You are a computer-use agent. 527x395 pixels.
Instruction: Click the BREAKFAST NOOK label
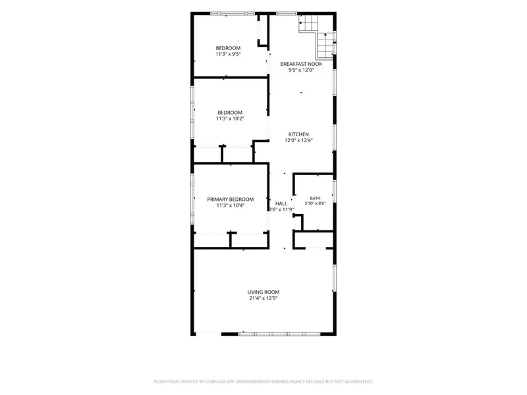pyautogui.click(x=301, y=64)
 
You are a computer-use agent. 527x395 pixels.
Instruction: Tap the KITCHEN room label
pyautogui.click(x=298, y=134)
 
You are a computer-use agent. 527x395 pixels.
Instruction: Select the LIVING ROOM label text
pyautogui.click(x=263, y=292)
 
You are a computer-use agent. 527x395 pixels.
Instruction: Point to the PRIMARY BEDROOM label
pyautogui.click(x=230, y=199)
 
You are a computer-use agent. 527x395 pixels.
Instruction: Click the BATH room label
pyautogui.click(x=315, y=198)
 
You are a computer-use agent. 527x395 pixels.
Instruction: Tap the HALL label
pyautogui.click(x=281, y=203)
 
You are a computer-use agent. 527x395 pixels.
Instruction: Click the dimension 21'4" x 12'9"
pyautogui.click(x=263, y=298)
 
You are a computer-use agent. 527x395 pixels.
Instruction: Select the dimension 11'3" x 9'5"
pyautogui.click(x=228, y=54)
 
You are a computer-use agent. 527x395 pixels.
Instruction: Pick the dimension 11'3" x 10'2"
pyautogui.click(x=230, y=118)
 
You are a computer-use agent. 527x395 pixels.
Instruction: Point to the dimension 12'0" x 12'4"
pyautogui.click(x=298, y=140)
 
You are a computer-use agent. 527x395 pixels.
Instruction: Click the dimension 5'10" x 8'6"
pyautogui.click(x=315, y=203)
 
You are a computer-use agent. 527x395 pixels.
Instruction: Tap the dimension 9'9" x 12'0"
pyautogui.click(x=301, y=70)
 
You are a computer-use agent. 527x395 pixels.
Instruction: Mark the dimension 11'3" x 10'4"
pyautogui.click(x=230, y=205)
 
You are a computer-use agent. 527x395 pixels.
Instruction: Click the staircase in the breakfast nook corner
pyautogui.click(x=317, y=36)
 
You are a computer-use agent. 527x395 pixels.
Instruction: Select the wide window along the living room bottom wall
pyautogui.click(x=279, y=334)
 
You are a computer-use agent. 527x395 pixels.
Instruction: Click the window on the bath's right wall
pyautogui.click(x=335, y=191)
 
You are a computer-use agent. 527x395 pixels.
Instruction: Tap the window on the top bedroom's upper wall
pyautogui.click(x=233, y=13)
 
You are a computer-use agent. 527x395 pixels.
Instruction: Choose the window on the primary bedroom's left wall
pyautogui.click(x=192, y=199)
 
